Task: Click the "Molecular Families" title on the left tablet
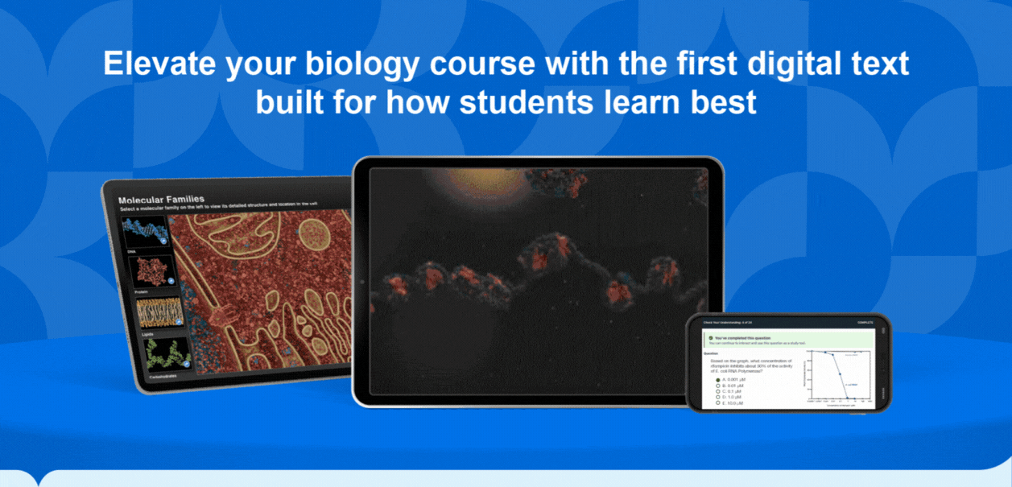click(161, 199)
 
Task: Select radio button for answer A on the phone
click(717, 379)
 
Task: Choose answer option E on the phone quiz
click(717, 402)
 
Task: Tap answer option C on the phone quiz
click(717, 391)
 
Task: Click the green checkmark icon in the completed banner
click(711, 338)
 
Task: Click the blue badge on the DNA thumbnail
click(163, 241)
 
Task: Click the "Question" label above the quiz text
click(711, 353)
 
